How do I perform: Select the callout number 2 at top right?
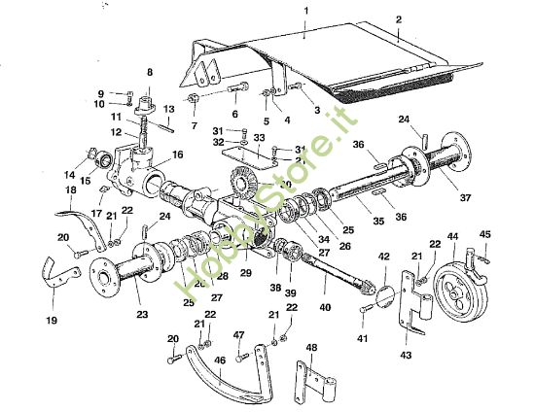click(398, 19)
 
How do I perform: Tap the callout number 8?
click(150, 72)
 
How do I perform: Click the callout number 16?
click(178, 154)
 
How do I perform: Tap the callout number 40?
click(324, 308)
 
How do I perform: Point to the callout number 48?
click(311, 348)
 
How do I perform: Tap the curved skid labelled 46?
click(233, 382)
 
